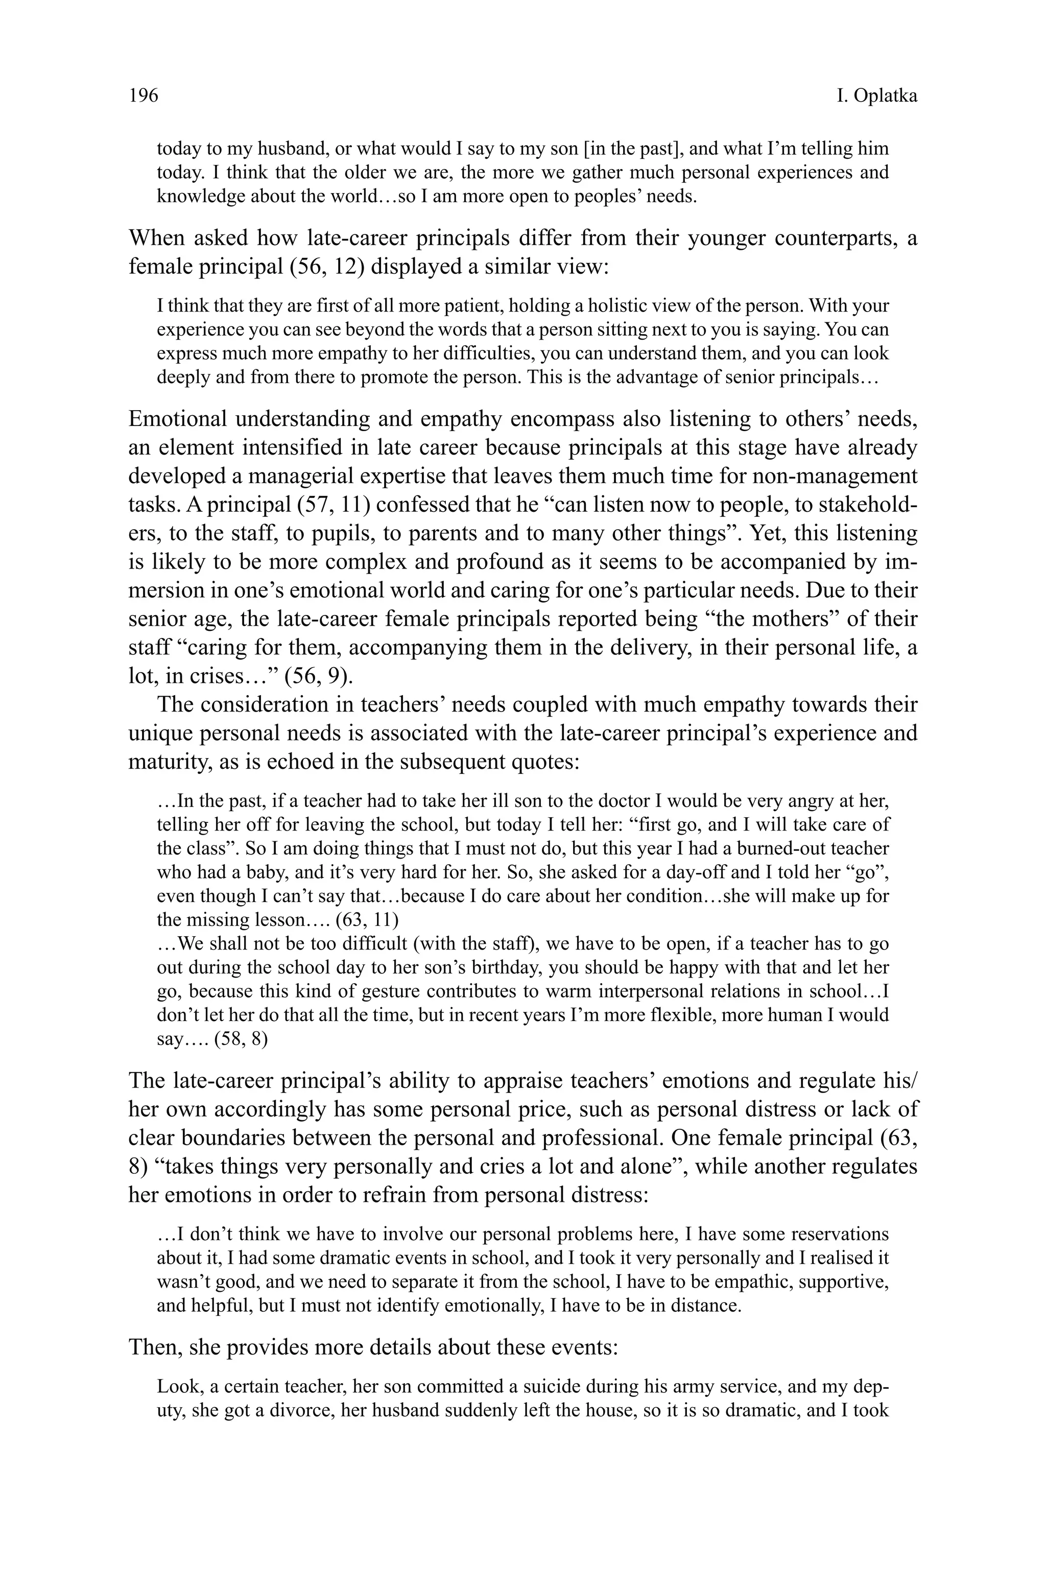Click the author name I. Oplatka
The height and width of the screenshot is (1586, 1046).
pyautogui.click(x=876, y=96)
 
